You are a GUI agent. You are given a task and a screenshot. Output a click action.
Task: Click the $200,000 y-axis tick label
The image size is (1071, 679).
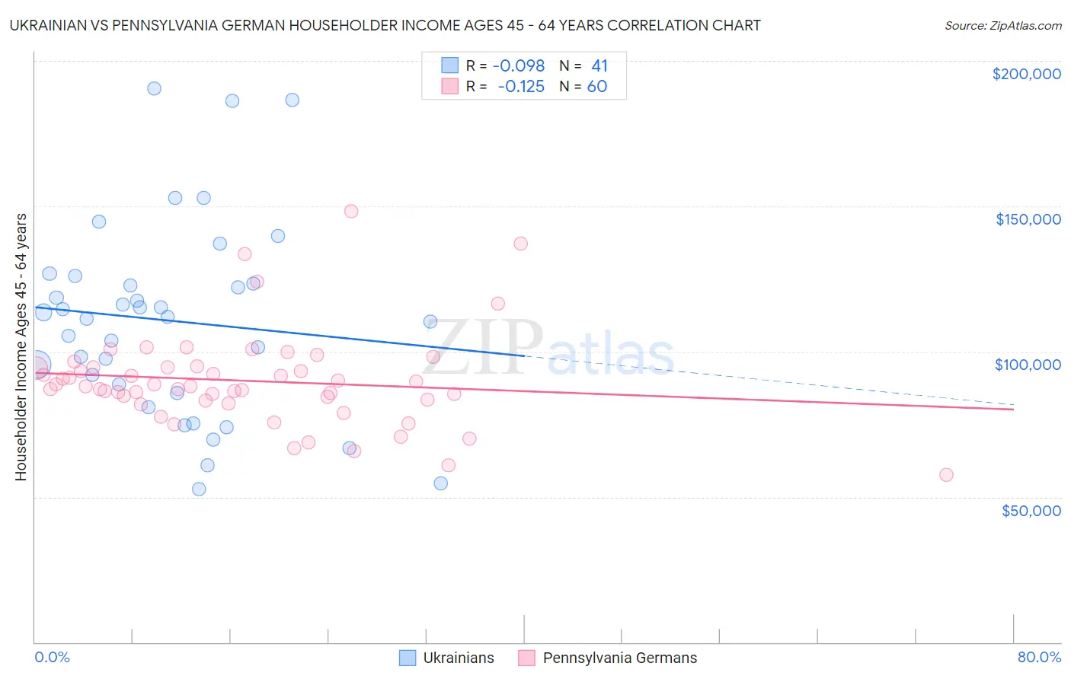(x=1026, y=74)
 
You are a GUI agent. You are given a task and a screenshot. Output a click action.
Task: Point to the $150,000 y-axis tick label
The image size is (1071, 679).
(x=1028, y=219)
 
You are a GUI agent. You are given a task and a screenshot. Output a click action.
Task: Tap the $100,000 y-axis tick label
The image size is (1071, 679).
(x=1028, y=365)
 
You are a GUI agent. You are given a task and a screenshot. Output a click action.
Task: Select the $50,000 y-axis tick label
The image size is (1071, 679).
(x=1031, y=510)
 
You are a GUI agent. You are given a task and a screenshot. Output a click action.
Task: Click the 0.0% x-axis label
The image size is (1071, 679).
(x=52, y=657)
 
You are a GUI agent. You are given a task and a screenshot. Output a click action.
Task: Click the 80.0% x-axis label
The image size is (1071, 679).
(x=1039, y=657)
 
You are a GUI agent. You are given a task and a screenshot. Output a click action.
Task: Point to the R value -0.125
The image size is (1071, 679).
(x=522, y=87)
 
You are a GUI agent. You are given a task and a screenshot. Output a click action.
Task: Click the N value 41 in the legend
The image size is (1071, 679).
(x=599, y=66)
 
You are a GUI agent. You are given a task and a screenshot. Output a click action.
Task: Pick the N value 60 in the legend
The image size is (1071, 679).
(x=597, y=87)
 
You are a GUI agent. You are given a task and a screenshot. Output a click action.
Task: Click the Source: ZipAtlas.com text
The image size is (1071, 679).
(x=1002, y=26)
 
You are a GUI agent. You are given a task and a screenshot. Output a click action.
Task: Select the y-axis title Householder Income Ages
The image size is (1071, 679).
(x=21, y=347)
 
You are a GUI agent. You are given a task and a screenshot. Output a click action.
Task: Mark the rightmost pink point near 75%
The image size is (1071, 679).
(x=946, y=475)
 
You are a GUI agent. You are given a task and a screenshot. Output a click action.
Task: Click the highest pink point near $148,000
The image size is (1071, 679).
(x=351, y=212)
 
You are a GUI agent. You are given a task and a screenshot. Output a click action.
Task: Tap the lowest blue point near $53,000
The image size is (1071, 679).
(x=199, y=489)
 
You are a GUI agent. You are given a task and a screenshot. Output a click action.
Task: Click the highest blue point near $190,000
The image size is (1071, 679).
(x=154, y=88)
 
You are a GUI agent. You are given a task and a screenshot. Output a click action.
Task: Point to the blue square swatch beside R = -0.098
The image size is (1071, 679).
(x=450, y=66)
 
